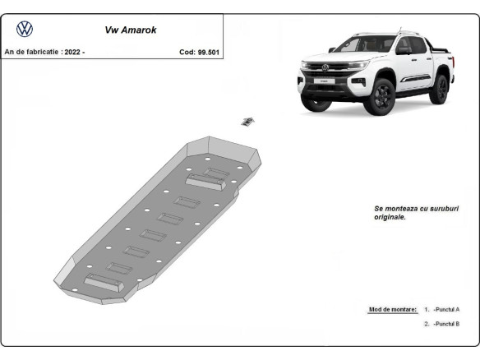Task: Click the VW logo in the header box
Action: tap(25, 30)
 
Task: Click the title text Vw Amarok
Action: tap(131, 30)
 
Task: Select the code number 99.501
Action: tap(208, 52)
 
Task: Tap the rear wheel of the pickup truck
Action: tap(439, 88)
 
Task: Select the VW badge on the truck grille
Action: tap(325, 67)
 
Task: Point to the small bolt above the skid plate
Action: tap(247, 122)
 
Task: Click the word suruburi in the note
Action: tap(417, 209)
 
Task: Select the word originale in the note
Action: tap(389, 218)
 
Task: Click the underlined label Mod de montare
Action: tap(393, 309)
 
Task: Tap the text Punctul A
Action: tap(446, 309)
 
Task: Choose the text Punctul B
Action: tap(446, 324)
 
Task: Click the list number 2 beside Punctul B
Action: tap(426, 324)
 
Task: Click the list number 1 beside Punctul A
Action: tap(426, 309)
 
